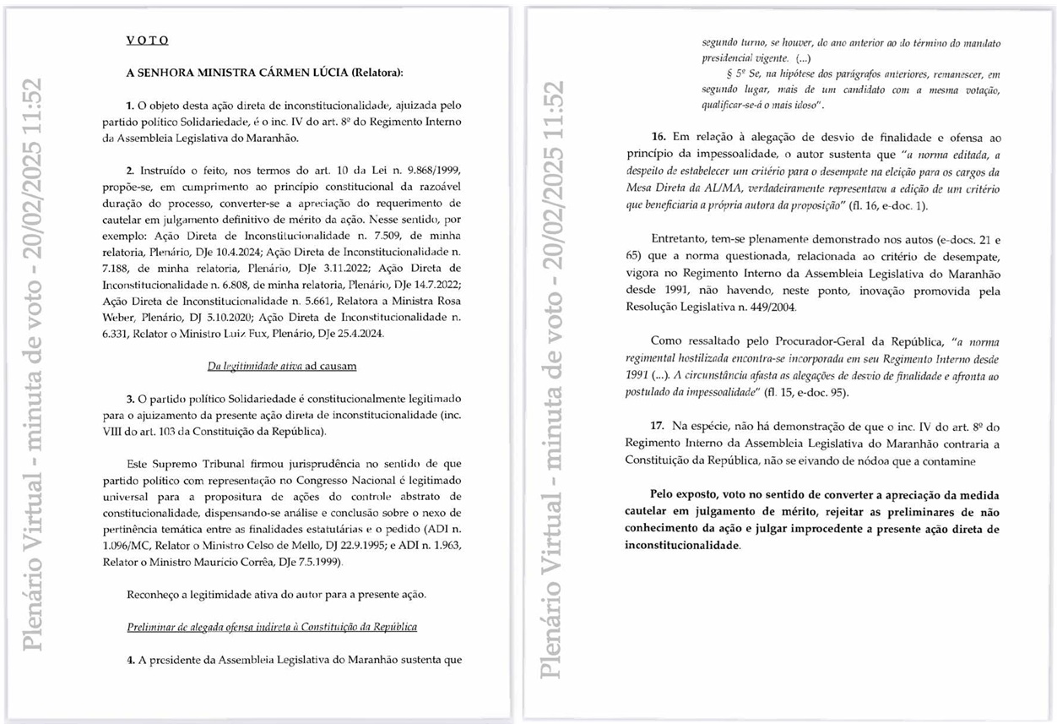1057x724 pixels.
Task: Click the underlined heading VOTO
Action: [148, 41]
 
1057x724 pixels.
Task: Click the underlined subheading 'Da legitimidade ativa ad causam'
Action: [282, 366]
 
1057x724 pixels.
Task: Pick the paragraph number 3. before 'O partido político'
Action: [131, 398]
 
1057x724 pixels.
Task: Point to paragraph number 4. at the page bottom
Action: [131, 660]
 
